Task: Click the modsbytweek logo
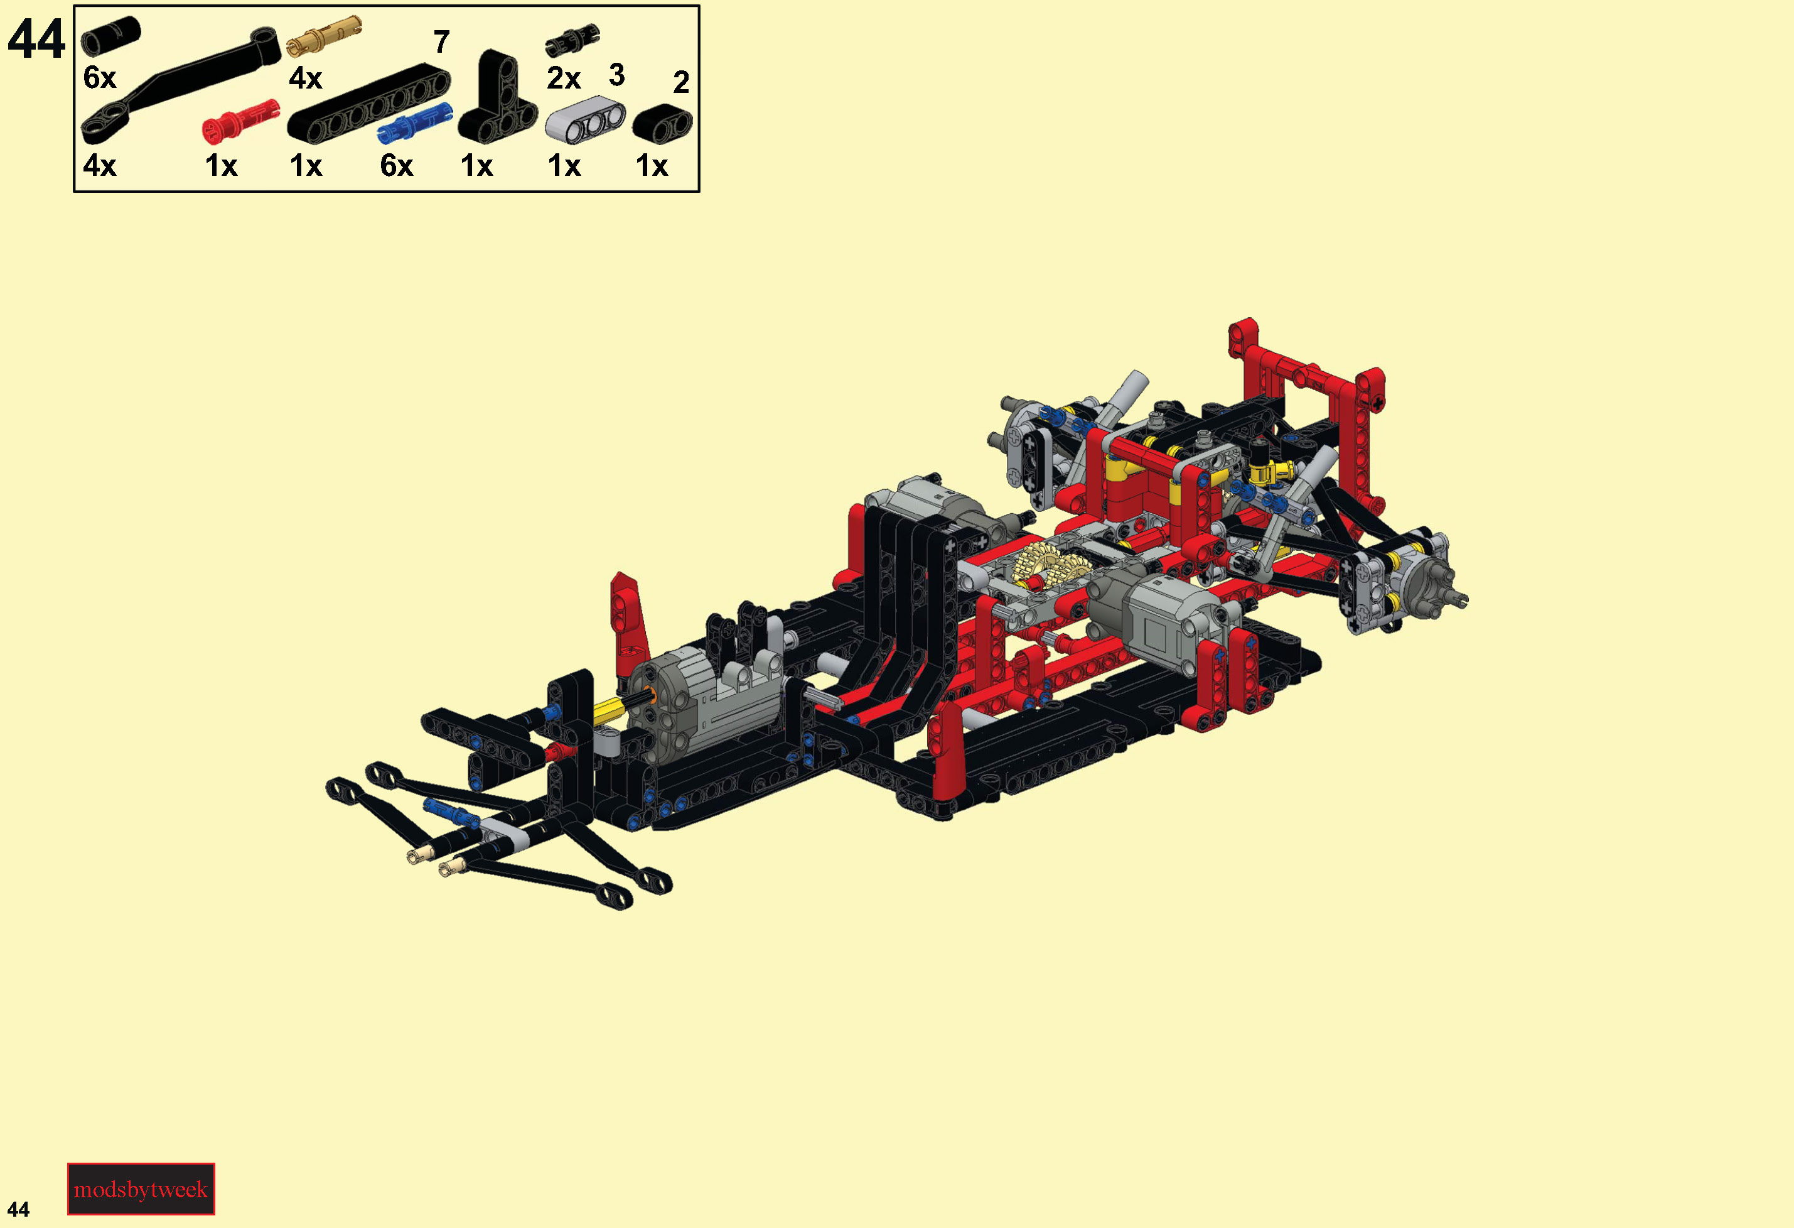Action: coord(141,1188)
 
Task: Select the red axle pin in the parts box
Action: coord(239,122)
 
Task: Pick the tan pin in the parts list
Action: coord(323,36)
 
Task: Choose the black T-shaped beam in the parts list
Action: coord(497,98)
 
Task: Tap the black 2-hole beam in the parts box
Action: coord(662,124)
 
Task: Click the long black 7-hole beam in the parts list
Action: coord(368,104)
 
